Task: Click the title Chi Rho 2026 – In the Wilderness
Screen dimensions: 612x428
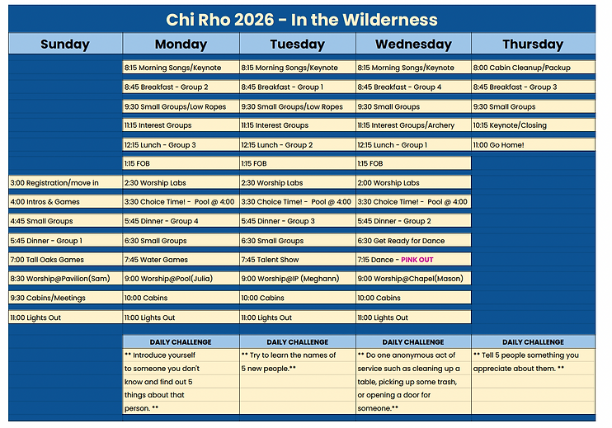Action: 302,20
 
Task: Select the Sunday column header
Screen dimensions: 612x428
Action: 65,44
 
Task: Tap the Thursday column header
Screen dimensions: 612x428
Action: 533,44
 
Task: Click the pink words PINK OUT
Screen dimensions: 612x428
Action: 417,260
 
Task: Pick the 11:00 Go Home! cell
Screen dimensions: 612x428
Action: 533,145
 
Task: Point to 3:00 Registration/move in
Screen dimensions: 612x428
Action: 65,182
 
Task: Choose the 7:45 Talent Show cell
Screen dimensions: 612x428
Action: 298,260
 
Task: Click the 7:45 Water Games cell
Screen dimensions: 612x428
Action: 181,260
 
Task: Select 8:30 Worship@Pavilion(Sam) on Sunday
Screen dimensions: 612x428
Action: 65,279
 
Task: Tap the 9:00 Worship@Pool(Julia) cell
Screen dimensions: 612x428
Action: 181,279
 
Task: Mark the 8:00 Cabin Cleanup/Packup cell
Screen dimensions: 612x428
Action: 533,68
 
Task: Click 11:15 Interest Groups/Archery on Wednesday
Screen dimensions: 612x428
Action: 413,125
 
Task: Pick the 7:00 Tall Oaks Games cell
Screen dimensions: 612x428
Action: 65,260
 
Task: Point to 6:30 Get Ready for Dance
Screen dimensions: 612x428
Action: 413,241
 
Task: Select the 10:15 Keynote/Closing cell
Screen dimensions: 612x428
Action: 533,125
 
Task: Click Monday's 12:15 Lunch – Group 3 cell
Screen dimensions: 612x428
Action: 181,145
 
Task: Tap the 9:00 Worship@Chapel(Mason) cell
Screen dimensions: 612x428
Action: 413,279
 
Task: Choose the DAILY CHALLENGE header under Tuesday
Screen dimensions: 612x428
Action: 298,342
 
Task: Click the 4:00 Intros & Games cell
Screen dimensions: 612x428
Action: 65,202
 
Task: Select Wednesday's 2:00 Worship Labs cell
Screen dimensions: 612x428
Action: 413,182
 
